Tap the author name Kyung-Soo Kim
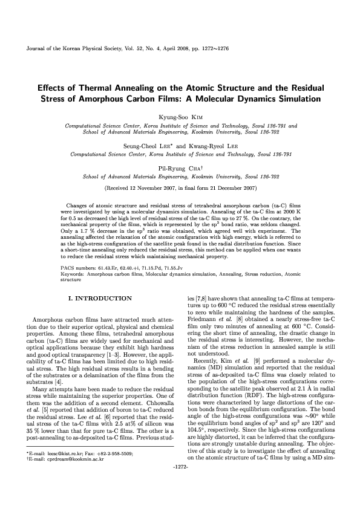tap(181, 115)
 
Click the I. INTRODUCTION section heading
tap(101, 299)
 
